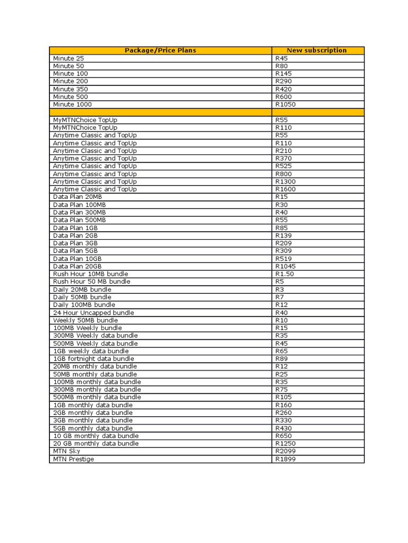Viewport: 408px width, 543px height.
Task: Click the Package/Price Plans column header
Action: [x=160, y=50]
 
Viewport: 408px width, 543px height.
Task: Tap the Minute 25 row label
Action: [x=69, y=58]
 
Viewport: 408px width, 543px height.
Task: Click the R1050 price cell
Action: [x=285, y=104]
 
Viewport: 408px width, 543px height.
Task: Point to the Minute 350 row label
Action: [x=71, y=89]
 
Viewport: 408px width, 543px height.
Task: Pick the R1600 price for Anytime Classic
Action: [x=285, y=189]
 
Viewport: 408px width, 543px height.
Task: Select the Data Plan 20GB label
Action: [x=78, y=266]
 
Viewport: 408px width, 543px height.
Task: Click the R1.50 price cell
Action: [x=284, y=274]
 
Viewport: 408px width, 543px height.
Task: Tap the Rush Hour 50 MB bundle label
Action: [x=91, y=282]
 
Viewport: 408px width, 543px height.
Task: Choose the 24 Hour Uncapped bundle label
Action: [x=93, y=313]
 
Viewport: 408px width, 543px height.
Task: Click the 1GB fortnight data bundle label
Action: [x=93, y=359]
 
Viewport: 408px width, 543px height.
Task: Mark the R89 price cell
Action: [x=281, y=359]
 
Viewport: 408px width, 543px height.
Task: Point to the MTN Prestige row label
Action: [x=73, y=459]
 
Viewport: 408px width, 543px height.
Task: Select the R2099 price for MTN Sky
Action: [x=285, y=451]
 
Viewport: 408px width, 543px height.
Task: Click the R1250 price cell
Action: [x=285, y=443]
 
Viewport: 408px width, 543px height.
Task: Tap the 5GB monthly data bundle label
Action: [x=93, y=428]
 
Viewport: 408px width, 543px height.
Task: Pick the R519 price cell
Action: [x=283, y=259]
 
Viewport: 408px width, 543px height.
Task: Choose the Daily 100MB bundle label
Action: [x=84, y=305]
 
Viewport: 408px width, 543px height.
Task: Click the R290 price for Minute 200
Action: [x=283, y=81]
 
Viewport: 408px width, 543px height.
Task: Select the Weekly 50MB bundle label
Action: [x=86, y=320]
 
